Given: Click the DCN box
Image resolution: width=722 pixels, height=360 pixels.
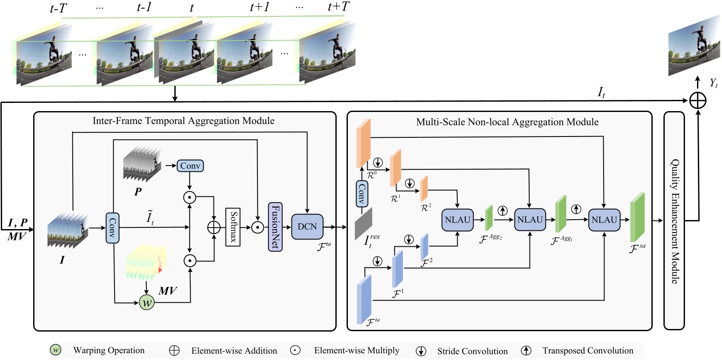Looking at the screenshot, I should (307, 227).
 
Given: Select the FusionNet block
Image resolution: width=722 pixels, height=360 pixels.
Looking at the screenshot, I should (275, 227).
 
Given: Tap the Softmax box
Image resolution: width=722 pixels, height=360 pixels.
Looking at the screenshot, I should (233, 227).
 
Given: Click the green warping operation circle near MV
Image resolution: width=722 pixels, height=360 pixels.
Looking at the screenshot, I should (147, 302).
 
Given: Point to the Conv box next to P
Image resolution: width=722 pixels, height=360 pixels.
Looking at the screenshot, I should (190, 166).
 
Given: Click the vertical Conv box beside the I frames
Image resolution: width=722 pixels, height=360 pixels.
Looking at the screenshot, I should (112, 228).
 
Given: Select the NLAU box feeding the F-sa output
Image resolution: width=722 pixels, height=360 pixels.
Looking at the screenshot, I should (604, 220).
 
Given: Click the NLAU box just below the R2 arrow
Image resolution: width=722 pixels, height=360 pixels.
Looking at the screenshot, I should (457, 220).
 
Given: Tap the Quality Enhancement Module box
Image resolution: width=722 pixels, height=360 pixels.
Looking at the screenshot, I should (674, 221).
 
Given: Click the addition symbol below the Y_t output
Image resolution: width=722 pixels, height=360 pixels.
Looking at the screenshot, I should (697, 101).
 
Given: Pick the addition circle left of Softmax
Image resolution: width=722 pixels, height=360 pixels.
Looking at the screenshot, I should (214, 227).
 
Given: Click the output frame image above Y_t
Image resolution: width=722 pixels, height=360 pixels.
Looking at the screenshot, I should (694, 47).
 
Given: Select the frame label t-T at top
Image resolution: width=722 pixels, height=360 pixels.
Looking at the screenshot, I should (58, 8).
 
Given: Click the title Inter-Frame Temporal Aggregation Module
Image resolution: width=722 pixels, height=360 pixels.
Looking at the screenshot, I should (183, 121).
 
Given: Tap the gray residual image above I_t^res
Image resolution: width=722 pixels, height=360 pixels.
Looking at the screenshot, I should (363, 223).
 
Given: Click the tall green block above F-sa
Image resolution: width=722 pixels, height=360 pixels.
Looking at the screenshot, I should (637, 217).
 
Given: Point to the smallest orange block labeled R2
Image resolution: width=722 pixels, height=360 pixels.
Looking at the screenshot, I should (424, 188).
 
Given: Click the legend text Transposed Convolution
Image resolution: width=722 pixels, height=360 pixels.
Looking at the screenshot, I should (588, 351).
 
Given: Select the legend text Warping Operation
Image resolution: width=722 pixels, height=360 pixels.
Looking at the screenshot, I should (109, 350).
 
